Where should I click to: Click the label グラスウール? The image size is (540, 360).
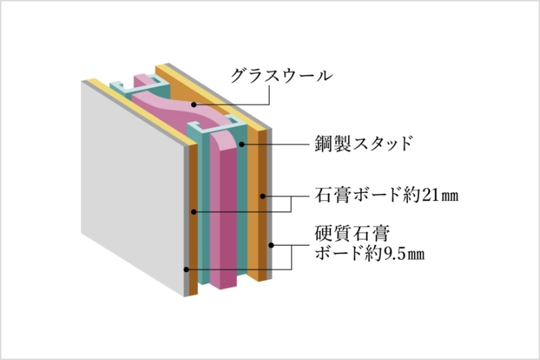tap(282, 75)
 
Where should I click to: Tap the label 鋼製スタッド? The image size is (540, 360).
tap(363, 143)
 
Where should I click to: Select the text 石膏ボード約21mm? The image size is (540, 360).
tap(387, 195)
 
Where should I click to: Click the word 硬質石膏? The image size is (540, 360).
tap(352, 233)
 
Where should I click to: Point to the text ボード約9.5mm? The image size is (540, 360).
tap(370, 254)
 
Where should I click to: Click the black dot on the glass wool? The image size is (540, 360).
tap(194, 105)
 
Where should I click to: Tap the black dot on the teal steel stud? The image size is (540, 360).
tap(242, 144)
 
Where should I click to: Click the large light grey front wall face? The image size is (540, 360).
tap(133, 186)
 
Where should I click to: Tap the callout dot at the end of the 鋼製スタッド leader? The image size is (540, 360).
tap(242, 144)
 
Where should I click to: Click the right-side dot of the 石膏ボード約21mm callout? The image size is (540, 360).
tap(262, 196)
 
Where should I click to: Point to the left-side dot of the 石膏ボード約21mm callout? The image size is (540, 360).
tap(194, 212)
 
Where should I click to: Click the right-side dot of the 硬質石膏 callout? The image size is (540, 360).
tap(271, 245)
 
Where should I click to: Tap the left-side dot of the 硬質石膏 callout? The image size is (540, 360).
tap(186, 269)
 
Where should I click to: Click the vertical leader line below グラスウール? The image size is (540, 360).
tap(269, 94)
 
